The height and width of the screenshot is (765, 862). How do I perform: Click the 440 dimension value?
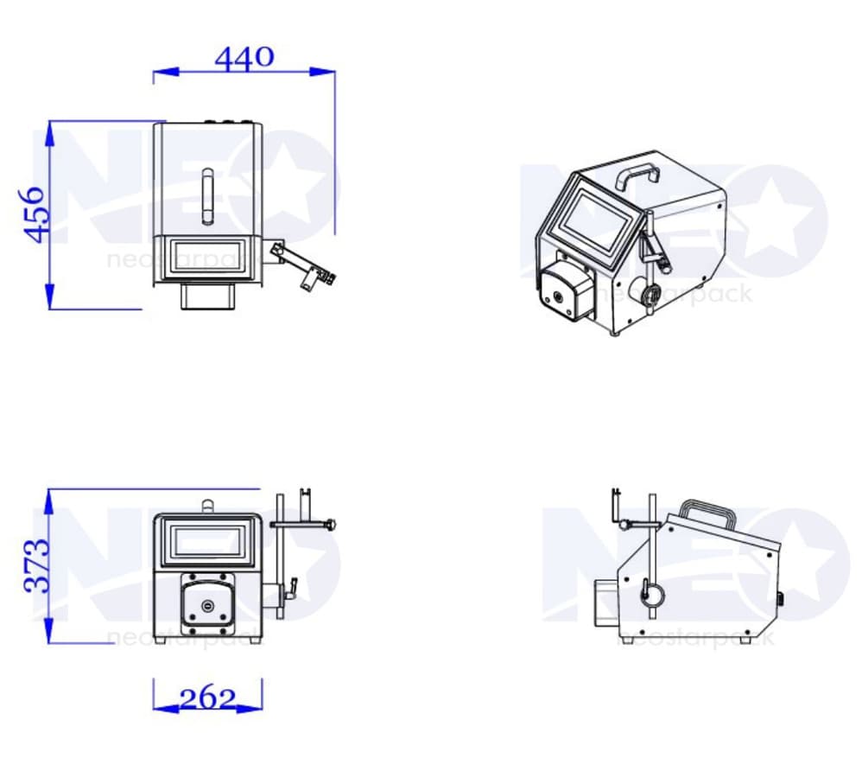244,58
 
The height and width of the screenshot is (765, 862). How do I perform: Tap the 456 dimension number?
34,214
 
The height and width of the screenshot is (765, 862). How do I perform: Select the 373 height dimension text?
36,566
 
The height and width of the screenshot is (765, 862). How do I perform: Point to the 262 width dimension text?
208,699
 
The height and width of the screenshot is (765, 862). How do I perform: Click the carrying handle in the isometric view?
637,175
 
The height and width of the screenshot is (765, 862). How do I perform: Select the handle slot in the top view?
208,196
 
